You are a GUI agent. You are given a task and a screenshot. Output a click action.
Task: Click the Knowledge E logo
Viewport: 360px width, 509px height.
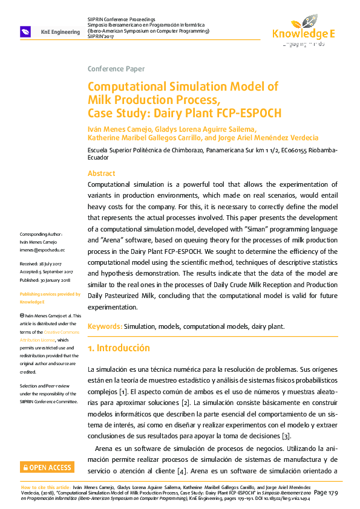(303, 30)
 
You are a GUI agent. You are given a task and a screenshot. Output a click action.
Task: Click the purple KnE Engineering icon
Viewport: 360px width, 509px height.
(26, 31)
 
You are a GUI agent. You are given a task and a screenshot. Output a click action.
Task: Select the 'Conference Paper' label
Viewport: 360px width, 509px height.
(116, 69)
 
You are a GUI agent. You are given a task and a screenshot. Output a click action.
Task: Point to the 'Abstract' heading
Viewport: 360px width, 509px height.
(102, 173)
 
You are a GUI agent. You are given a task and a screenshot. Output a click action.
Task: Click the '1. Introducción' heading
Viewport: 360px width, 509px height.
(119, 348)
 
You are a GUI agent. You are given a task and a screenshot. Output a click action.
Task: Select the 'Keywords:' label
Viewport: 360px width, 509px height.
(105, 326)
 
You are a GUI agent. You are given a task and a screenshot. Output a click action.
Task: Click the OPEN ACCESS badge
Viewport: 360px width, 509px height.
(47, 467)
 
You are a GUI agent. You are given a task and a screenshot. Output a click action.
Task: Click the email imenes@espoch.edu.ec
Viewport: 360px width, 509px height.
(42, 249)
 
